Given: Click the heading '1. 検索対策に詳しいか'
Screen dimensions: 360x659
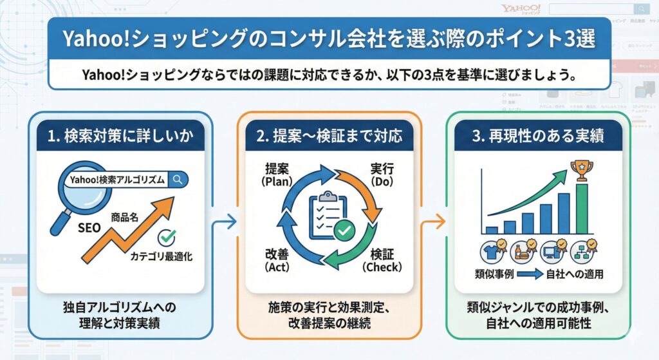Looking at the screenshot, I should click(x=121, y=136).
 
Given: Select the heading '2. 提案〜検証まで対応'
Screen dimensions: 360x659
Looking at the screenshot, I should click(x=329, y=136).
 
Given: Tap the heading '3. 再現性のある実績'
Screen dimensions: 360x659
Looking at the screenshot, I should click(x=538, y=136).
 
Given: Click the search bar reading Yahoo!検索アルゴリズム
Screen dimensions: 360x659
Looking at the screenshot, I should click(x=122, y=180).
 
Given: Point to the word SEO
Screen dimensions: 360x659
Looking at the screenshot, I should click(x=89, y=227).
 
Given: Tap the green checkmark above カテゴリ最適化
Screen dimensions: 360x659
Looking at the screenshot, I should click(x=167, y=238).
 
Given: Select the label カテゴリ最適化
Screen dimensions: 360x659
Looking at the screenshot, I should click(x=162, y=256).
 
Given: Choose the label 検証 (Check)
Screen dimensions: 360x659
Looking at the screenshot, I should click(x=382, y=260).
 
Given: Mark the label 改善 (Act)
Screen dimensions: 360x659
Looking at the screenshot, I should click(x=279, y=260).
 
